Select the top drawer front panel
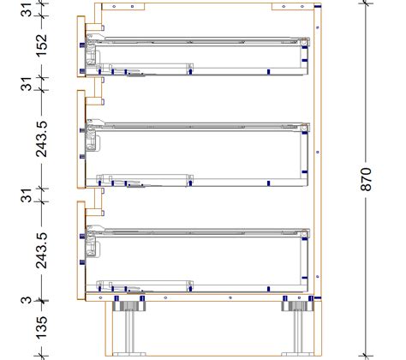(x=80, y=51)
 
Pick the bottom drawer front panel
(x=80, y=249)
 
